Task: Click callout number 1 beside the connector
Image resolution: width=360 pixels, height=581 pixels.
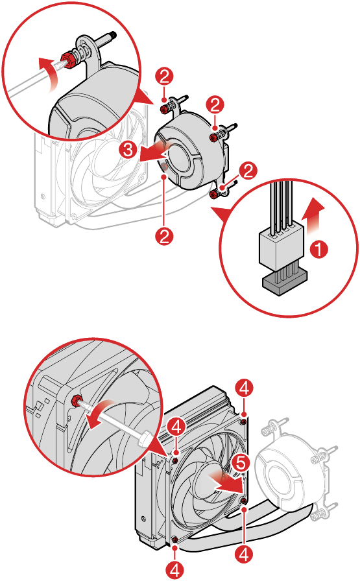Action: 318,249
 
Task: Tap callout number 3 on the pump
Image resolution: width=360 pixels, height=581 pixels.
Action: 128,150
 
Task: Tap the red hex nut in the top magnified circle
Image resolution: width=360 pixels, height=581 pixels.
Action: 66,58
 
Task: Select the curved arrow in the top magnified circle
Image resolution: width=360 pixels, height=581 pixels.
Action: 48,73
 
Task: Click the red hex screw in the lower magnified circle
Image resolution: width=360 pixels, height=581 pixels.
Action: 76,400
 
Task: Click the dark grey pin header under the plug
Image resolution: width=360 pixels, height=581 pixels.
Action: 285,281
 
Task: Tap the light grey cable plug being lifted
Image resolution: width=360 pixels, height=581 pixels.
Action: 282,247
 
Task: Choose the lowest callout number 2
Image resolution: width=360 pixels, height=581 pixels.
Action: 165,235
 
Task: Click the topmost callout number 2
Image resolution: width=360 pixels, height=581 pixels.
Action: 165,77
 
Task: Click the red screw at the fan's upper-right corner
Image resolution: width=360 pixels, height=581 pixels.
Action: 244,421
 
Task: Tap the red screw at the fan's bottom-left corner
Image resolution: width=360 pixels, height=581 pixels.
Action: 175,538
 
